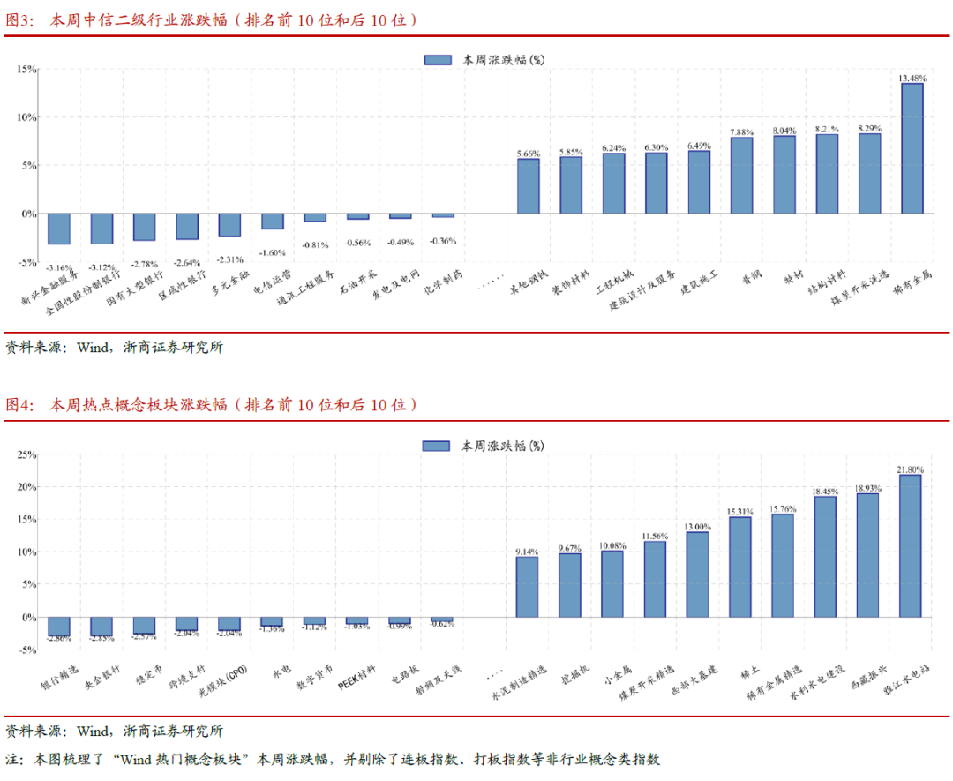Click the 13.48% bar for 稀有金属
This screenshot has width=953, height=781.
click(x=912, y=148)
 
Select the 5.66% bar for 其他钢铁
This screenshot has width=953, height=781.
click(x=529, y=186)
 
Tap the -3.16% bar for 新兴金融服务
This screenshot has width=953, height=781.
click(x=59, y=229)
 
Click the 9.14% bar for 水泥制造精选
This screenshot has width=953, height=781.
click(x=527, y=587)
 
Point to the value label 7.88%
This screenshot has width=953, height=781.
click(x=742, y=132)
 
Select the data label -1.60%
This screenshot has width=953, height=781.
click(x=273, y=252)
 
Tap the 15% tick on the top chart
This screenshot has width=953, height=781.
click(x=25, y=69)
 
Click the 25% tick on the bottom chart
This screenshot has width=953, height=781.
click(x=25, y=454)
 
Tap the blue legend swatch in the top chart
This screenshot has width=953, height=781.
click(x=438, y=60)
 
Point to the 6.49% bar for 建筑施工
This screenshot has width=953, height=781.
click(x=699, y=182)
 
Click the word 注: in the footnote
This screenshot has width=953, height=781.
click(x=14, y=759)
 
